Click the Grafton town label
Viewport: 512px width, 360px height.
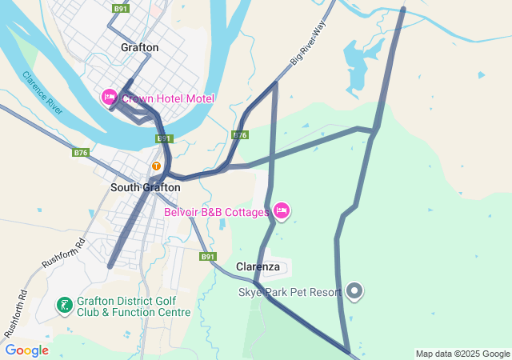coord(139,48)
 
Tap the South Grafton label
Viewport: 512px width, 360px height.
coord(145,188)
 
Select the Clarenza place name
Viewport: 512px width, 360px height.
coord(258,266)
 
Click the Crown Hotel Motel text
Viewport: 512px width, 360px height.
coord(168,98)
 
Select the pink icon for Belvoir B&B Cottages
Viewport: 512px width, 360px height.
coord(281,211)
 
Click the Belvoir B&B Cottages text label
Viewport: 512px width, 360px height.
coord(216,212)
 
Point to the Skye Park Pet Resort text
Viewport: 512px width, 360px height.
coord(290,292)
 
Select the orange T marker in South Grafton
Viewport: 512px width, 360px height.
coord(157,166)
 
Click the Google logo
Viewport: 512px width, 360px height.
coord(26,350)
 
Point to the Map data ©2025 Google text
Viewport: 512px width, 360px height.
coord(462,354)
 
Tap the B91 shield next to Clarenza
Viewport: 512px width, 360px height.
coord(208,257)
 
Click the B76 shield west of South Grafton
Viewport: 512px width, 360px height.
coord(80,152)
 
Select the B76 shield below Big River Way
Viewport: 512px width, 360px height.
coord(240,135)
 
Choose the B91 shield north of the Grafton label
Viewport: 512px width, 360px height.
coord(121,9)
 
